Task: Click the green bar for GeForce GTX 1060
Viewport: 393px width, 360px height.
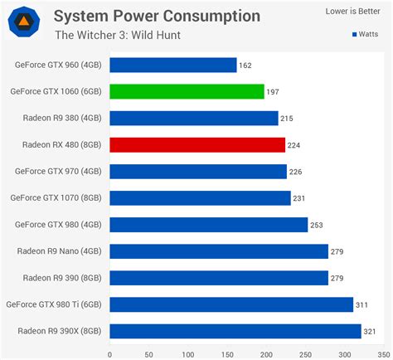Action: (x=187, y=91)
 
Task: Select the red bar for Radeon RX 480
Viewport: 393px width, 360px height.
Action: (x=197, y=145)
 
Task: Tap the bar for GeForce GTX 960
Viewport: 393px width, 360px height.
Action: (x=172, y=65)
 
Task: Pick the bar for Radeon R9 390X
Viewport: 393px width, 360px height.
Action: (x=235, y=332)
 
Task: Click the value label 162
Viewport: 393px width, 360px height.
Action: (x=245, y=65)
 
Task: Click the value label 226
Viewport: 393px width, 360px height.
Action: (x=297, y=172)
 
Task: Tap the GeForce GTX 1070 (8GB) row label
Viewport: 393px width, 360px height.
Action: (x=56, y=198)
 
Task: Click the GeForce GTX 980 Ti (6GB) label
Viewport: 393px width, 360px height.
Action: (x=55, y=305)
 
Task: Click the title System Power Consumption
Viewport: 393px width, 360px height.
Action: (x=157, y=16)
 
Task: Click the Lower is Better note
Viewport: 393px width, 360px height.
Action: (x=347, y=12)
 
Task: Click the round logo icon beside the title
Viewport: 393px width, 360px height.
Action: (x=24, y=22)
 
